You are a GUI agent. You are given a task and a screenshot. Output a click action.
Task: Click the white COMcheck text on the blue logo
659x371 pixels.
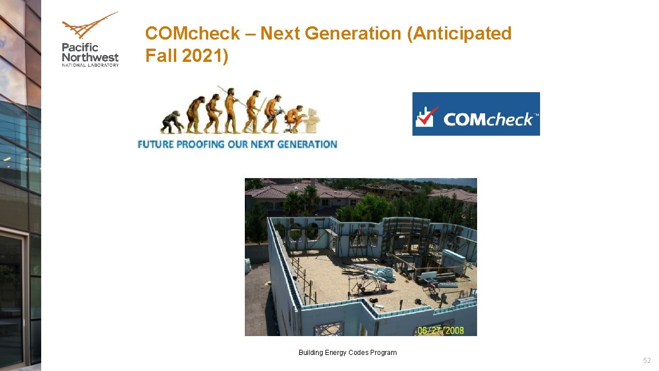click(490, 119)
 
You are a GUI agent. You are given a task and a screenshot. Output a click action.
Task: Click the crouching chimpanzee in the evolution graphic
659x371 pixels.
click(172, 121)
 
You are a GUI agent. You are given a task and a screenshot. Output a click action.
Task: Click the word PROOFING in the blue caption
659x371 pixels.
click(200, 144)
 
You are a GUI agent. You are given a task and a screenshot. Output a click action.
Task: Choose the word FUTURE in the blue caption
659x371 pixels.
click(155, 144)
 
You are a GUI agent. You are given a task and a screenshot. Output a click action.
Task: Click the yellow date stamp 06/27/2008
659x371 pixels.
click(440, 330)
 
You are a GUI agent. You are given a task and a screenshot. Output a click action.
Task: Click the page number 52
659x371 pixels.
click(647, 360)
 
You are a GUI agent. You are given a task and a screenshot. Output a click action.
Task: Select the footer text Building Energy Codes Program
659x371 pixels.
click(347, 353)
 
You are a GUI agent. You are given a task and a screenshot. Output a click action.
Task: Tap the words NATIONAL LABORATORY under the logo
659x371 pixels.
click(90, 65)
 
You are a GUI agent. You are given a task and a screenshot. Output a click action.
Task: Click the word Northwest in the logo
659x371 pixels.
click(90, 57)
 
